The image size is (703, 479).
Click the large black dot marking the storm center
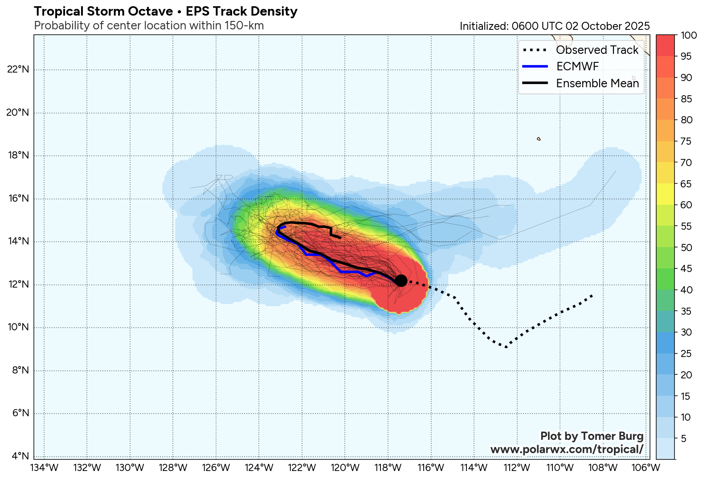tap(401, 280)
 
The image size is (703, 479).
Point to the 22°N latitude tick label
tap(18, 69)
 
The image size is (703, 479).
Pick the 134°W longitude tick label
tap(44, 468)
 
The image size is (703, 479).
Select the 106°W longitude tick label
tap(646, 468)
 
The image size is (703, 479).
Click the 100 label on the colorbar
tap(689, 36)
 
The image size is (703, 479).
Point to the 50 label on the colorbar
tap(687, 248)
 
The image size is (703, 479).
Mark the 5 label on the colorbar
tap(684, 438)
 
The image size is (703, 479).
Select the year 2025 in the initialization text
tap(637, 26)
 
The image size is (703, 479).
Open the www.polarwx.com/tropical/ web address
tap(567, 449)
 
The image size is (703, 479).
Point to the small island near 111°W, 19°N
tap(539, 139)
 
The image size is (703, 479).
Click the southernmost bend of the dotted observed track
tap(506, 347)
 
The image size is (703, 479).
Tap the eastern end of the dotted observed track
tap(592, 295)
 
